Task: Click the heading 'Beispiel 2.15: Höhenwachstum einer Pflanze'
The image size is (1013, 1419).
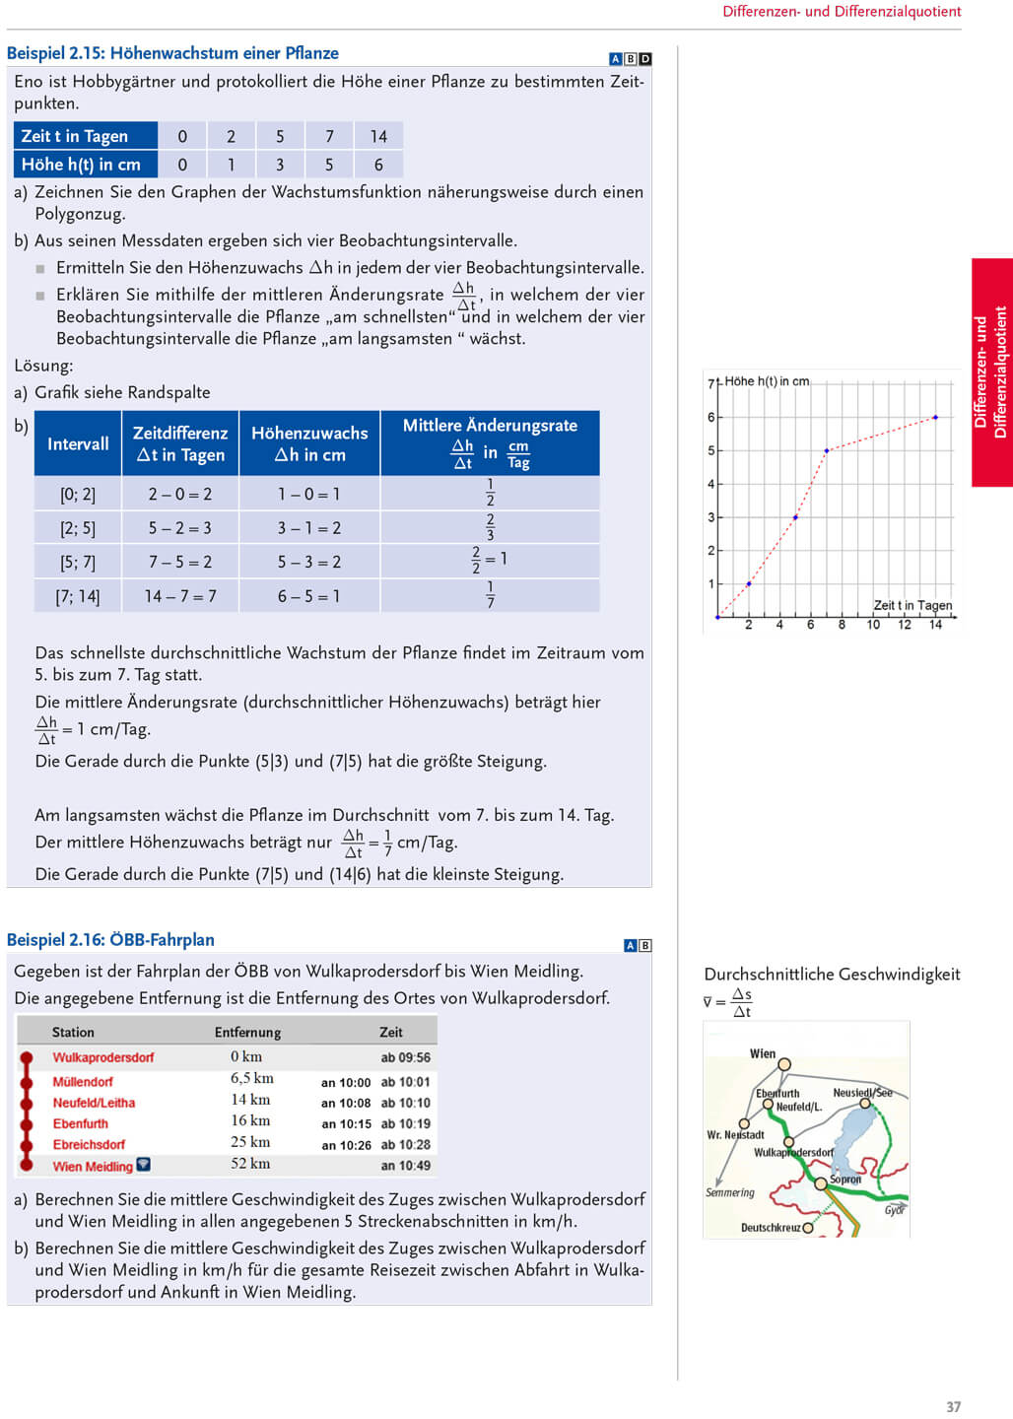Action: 172,53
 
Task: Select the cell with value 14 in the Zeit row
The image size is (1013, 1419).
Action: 378,136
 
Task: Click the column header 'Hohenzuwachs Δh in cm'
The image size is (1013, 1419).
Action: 309,443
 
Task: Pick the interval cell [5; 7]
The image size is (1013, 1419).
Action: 78,562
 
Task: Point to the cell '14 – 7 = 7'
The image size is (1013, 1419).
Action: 180,596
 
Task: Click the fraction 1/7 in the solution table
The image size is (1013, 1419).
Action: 490,594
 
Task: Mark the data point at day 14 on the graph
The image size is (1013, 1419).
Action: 935,418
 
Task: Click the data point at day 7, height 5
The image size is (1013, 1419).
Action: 827,450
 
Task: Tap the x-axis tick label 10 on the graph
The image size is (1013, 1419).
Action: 873,625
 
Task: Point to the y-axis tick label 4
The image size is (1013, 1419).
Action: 710,484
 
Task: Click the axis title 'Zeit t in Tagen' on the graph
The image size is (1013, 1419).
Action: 912,605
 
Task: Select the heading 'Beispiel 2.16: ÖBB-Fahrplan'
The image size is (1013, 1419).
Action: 110,940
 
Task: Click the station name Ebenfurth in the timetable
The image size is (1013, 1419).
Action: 81,1123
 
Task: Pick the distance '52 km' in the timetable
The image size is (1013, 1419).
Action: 251,1164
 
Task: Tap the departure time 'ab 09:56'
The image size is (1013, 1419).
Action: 406,1057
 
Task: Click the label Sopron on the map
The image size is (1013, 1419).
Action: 845,1179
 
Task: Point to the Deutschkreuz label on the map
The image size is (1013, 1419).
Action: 771,1228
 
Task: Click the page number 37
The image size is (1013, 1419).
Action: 953,1407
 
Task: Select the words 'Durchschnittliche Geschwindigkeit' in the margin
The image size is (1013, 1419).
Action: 832,975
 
